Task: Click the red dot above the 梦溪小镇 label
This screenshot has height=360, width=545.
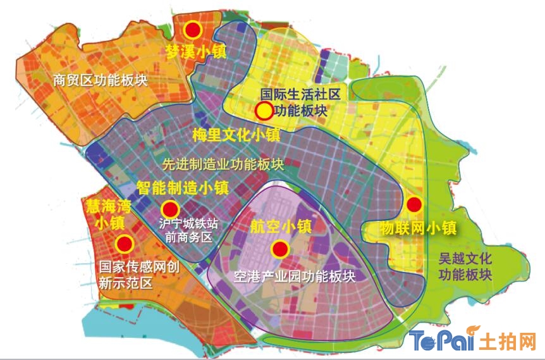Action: pos(193,30)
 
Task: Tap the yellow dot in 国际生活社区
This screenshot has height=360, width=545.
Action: pos(264,111)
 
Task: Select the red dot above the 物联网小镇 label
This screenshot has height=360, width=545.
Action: pos(413,204)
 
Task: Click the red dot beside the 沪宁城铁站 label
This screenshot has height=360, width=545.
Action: pos(169,209)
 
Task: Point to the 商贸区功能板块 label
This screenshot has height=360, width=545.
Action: pos(101,80)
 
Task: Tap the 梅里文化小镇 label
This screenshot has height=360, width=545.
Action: pos(236,135)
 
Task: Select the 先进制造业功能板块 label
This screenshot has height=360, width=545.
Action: pos(223,164)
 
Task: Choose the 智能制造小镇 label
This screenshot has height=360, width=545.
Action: pos(183,187)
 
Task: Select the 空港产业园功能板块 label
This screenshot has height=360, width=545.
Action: pos(294,276)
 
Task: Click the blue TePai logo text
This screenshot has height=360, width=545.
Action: pos(442,341)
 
